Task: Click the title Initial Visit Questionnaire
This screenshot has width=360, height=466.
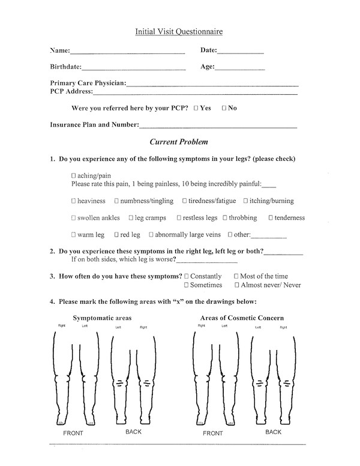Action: [x=179, y=31]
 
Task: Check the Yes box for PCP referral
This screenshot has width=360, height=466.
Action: [x=196, y=108]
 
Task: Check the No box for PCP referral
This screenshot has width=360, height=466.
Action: [x=224, y=108]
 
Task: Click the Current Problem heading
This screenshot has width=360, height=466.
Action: [x=179, y=142]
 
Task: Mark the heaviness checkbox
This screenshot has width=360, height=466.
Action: [x=73, y=201]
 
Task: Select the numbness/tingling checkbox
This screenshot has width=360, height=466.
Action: [x=116, y=201]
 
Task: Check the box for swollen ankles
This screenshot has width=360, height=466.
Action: [x=73, y=218]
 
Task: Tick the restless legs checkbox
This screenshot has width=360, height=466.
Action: [x=180, y=218]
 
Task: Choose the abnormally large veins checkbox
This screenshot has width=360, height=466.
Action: [x=151, y=235]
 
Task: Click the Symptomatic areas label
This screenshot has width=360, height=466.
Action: [x=102, y=318]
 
